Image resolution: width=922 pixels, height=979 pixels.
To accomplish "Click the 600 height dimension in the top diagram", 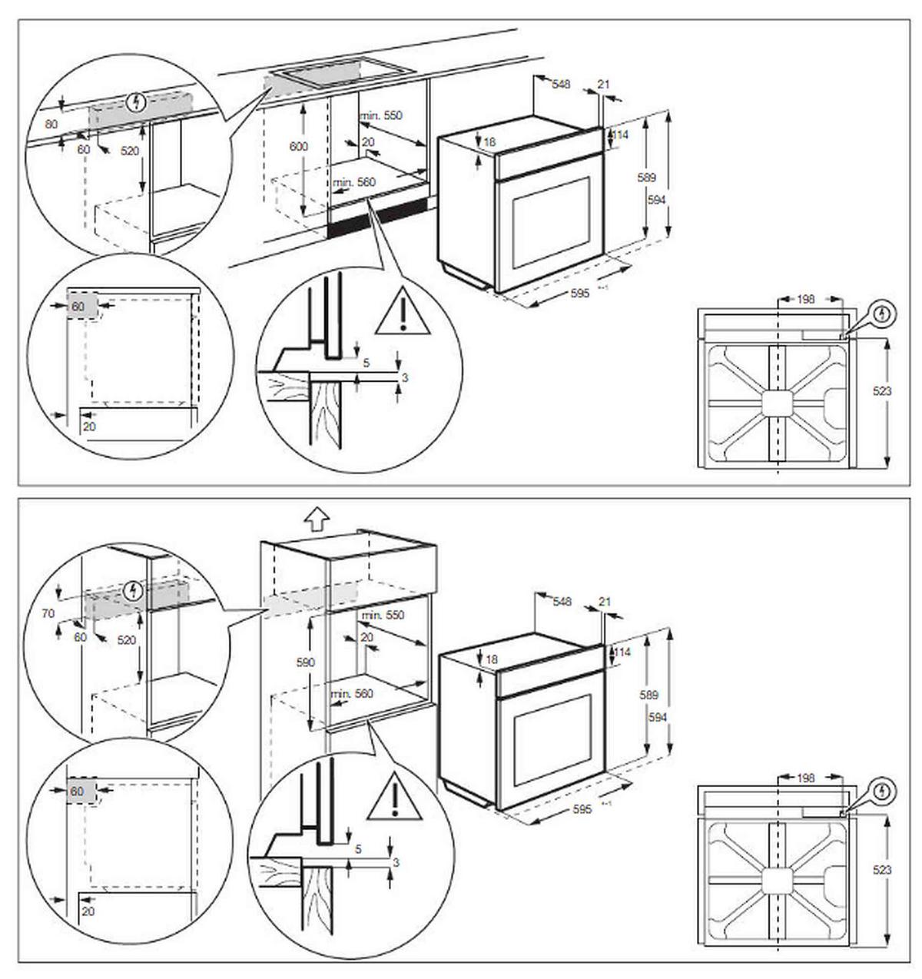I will point(299,146).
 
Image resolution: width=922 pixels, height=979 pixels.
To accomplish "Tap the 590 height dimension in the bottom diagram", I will point(306,662).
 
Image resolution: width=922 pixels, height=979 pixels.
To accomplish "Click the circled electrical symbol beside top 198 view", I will point(884,315).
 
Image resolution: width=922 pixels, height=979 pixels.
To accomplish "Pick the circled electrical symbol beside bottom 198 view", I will point(884,791).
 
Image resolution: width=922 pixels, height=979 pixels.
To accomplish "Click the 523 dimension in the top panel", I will point(883,391).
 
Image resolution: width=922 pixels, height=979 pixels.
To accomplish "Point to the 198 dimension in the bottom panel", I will point(805,778).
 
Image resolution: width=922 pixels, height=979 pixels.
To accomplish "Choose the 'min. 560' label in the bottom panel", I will point(352,694).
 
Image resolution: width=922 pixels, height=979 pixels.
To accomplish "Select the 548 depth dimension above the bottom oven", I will point(562,602).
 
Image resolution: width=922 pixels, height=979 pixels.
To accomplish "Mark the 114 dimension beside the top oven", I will point(621,134).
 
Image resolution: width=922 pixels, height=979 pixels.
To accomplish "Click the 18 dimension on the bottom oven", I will point(492,659).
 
